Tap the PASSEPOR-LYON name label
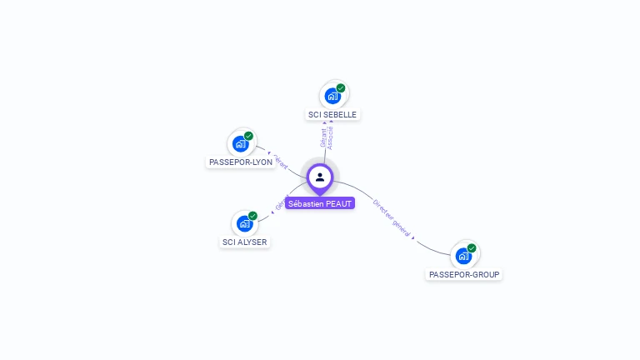tap(240, 162)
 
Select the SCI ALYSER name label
tap(245, 242)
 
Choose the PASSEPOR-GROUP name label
tap(465, 274)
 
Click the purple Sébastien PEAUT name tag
tap(320, 203)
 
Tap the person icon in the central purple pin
tap(320, 177)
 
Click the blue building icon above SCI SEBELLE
tap(332, 96)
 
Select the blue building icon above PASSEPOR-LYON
tap(240, 144)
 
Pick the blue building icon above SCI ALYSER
tap(244, 223)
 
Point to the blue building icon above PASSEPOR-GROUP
tap(463, 256)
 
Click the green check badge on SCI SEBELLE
tap(341, 88)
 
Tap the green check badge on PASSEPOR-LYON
tap(248, 136)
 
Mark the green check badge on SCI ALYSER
tap(252, 216)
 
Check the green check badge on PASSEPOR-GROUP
tap(472, 248)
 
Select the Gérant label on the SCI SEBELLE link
tap(323, 137)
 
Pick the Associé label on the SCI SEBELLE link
tap(331, 137)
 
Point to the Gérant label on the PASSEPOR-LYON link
tap(282, 164)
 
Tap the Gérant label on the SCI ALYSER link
tap(282, 202)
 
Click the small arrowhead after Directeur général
tap(414, 237)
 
